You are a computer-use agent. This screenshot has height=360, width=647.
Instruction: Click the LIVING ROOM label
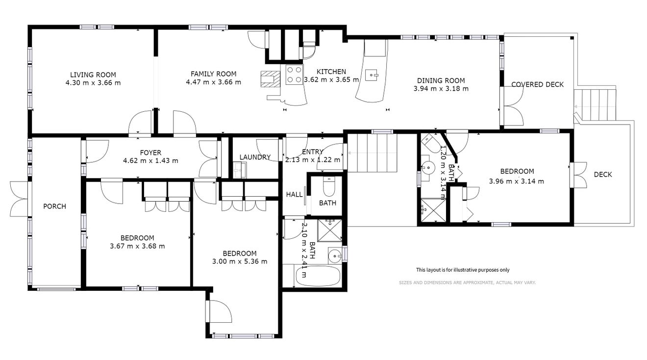tap(93, 75)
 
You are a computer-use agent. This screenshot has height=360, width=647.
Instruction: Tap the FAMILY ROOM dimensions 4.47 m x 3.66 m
tap(213, 82)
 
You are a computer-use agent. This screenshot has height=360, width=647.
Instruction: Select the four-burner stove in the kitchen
tap(294, 75)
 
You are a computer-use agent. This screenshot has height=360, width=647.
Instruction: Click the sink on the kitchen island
tap(371, 75)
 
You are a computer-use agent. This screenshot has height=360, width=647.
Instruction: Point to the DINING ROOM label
tap(441, 80)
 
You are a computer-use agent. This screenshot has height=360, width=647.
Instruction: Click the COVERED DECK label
tap(537, 85)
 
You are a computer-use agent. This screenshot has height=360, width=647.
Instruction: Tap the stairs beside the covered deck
tap(595, 104)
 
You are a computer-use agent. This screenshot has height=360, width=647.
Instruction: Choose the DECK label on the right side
tap(603, 175)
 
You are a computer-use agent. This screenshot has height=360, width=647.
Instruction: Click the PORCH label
tap(54, 206)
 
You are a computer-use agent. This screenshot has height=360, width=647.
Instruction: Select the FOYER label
tap(150, 153)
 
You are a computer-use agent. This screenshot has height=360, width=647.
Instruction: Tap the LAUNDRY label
tap(255, 157)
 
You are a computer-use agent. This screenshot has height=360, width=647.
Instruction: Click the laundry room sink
tap(240, 170)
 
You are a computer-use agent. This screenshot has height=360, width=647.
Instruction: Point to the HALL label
tap(294, 195)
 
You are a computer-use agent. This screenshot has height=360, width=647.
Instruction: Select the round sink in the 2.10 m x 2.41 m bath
tap(335, 256)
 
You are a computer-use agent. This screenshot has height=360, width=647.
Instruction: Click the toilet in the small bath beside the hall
tap(329, 187)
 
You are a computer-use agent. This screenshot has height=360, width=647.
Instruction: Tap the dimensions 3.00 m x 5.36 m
tap(240, 262)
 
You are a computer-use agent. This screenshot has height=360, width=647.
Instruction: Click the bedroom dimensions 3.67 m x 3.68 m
tap(137, 246)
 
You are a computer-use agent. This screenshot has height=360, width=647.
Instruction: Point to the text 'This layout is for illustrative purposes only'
tap(463, 270)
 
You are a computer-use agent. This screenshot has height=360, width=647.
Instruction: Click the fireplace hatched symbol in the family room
tap(271, 79)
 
